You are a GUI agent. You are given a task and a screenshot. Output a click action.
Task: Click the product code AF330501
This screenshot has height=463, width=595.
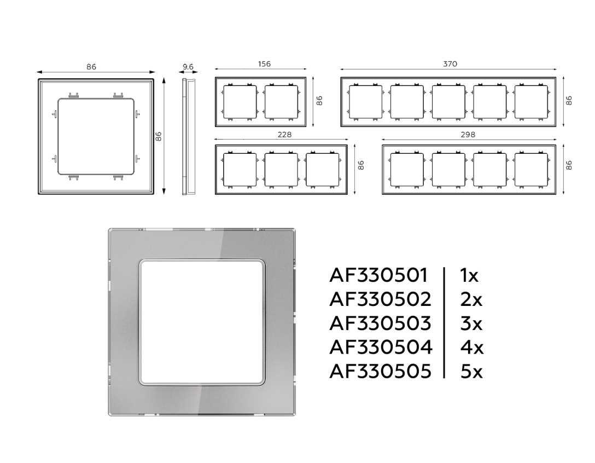[378, 275]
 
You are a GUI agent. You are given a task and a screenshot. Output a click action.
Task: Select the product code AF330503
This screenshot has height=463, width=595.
[381, 323]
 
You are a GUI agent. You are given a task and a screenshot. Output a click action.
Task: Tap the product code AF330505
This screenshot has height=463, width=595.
[381, 372]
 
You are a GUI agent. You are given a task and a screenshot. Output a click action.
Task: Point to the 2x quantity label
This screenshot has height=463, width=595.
[471, 300]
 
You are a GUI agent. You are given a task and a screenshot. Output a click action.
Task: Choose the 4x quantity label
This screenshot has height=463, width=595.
[472, 348]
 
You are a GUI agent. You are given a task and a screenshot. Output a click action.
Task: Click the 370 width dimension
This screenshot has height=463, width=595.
[450, 64]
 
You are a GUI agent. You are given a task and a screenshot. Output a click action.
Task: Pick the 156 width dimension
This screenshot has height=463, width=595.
[264, 64]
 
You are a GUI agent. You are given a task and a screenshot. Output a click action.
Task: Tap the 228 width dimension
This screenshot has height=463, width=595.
[284, 135]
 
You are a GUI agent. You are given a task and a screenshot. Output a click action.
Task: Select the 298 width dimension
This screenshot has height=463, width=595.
[468, 135]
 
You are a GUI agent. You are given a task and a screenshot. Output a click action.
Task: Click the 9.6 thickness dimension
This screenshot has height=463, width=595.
[188, 67]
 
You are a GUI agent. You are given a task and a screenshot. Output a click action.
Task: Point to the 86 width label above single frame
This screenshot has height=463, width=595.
[91, 67]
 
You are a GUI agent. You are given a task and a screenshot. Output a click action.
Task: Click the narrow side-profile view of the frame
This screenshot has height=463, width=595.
[188, 136]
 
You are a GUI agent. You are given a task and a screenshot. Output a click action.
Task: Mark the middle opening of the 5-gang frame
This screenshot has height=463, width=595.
[448, 102]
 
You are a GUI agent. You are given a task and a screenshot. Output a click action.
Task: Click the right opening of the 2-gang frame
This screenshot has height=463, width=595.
[281, 102]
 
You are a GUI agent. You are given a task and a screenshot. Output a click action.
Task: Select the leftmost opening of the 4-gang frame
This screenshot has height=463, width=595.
[407, 170]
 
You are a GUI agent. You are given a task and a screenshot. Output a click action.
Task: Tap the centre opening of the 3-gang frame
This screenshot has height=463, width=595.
[281, 170]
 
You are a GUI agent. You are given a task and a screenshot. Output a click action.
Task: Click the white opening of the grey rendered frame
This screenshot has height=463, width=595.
[201, 322]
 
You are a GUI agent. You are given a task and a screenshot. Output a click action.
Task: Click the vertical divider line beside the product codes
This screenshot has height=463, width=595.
[444, 323]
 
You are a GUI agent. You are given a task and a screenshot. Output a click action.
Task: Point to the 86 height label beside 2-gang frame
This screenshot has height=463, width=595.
[319, 101]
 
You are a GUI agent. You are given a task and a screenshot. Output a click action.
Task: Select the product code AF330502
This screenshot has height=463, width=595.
[381, 300]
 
